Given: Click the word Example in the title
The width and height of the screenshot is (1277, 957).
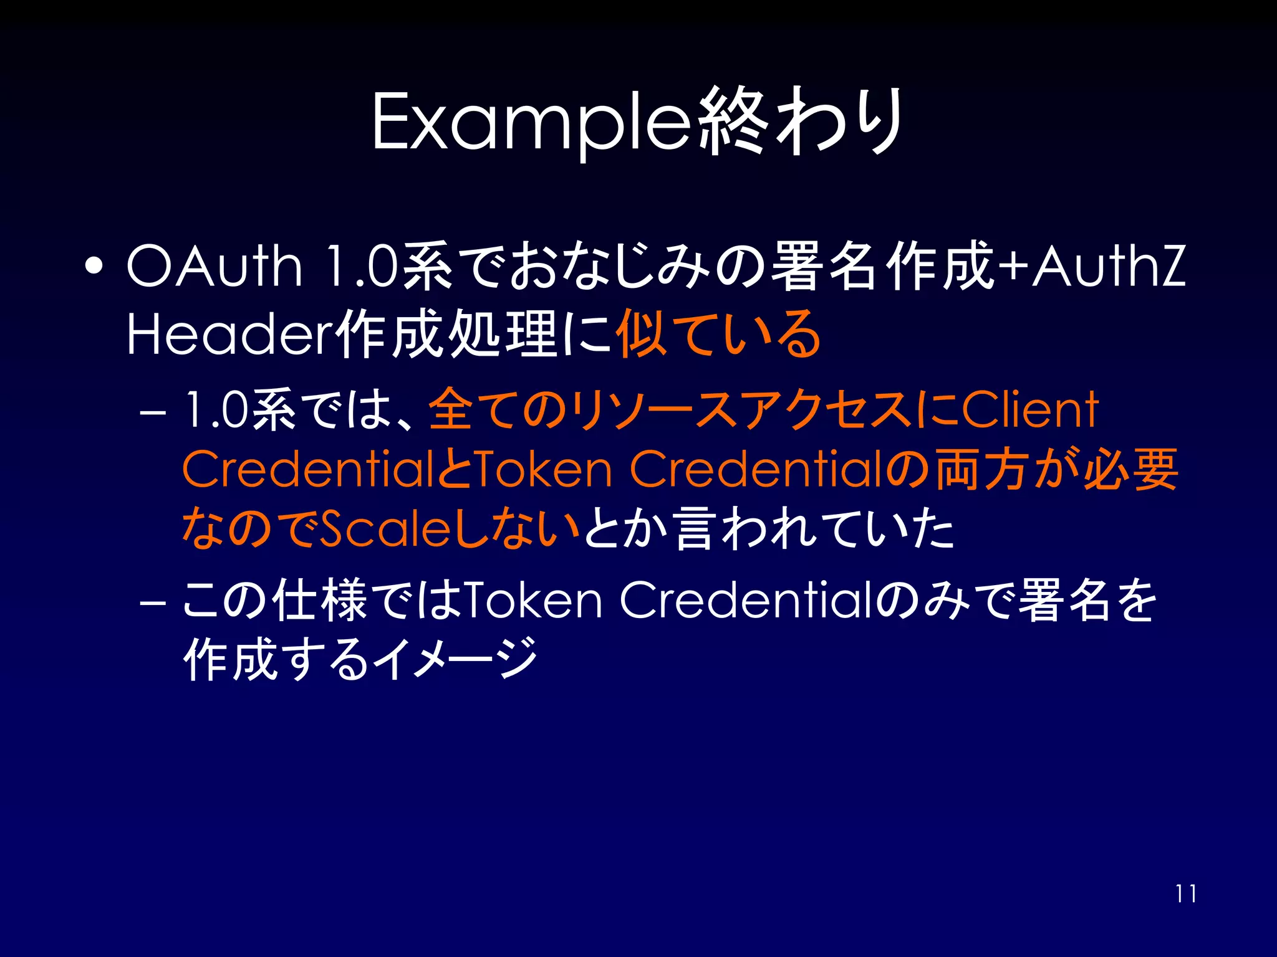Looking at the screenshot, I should click(x=530, y=121).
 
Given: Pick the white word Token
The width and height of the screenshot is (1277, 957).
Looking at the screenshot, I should click(x=534, y=600).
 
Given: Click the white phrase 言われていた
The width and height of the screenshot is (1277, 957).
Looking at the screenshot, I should click(x=814, y=528).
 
